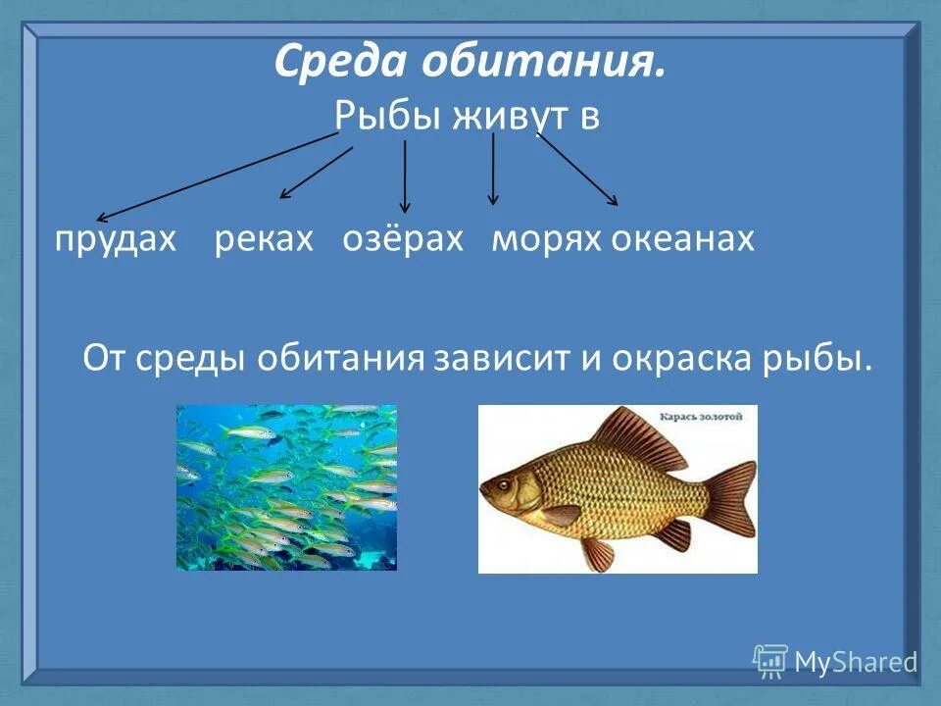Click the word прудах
115,239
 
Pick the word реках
264,239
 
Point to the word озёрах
402,239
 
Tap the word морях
546,239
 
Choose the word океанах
683,239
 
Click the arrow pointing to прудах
216,176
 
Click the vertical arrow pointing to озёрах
405,176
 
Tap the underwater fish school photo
286,487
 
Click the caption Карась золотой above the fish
702,417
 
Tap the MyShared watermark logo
835,661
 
